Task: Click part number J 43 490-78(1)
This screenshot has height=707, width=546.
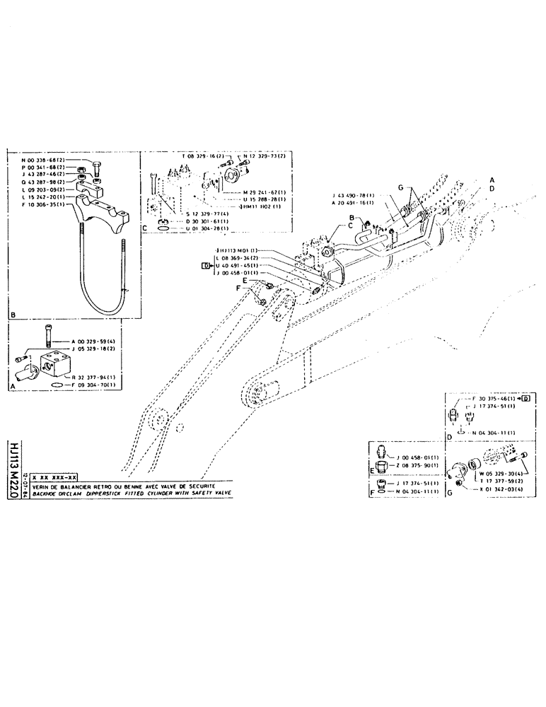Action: (x=354, y=194)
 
